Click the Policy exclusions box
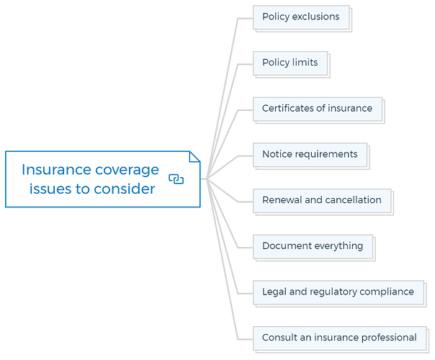[302, 18]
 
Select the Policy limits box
[291, 64]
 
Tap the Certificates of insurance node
[318, 110]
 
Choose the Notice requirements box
[311, 156]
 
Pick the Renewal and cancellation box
[323, 202]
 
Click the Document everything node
[314, 248]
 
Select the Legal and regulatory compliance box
[339, 294]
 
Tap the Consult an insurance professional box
[341, 339]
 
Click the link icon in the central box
[176, 179]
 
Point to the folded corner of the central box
[194, 157]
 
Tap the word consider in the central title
[125, 189]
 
